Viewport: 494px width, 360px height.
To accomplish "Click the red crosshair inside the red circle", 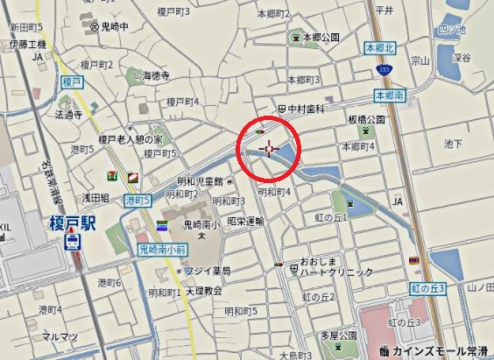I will (x=269, y=149).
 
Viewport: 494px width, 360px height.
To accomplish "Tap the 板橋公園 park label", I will (x=366, y=118).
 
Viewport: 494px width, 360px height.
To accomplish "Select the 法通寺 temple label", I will (x=68, y=114).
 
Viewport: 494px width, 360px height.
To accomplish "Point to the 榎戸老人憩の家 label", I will (x=131, y=138).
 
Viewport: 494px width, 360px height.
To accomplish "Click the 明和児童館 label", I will (x=201, y=181).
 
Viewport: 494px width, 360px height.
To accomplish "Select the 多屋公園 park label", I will (x=336, y=335).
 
